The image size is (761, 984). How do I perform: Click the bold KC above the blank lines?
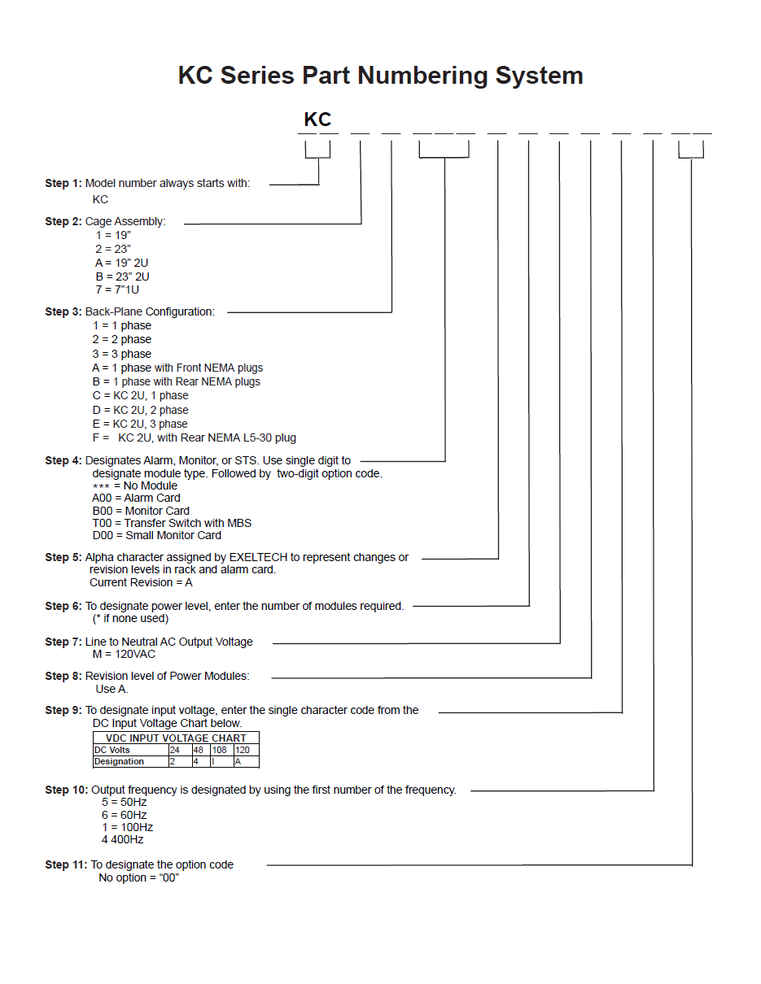pos(317,120)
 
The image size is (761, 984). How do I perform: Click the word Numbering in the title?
pos(422,76)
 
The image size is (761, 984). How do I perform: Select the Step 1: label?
pos(63,183)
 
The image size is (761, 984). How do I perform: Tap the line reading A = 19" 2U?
pos(121,263)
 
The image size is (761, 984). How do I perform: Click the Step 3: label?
pos(63,311)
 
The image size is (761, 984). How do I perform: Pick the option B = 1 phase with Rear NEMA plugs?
pos(177,381)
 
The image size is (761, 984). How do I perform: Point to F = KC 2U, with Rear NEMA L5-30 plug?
pos(194,438)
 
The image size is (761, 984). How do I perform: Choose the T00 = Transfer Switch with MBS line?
pos(172,523)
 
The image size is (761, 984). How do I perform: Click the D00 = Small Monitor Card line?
pos(157,535)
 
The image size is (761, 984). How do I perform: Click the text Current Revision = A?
pos(141,582)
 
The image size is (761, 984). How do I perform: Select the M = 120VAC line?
pos(124,654)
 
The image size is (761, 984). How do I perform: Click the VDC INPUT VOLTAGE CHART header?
pos(176,738)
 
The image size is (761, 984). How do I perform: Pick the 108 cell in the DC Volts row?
pos(220,750)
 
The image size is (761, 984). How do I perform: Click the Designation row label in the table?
pos(119,762)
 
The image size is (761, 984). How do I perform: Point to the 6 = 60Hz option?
pos(125,815)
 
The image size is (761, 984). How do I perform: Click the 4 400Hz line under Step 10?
pos(122,839)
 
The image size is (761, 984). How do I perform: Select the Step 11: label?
pos(66,864)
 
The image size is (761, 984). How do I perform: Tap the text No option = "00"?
pos(138,877)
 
